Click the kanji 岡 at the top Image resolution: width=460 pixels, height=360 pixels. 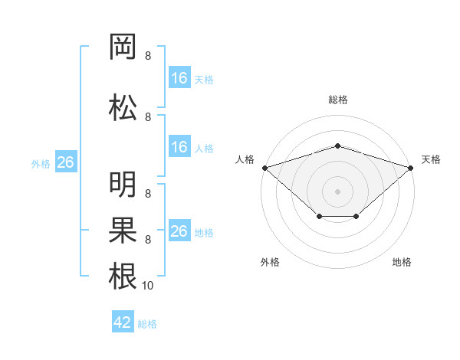[x=123, y=47]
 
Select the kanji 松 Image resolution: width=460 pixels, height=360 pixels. [x=123, y=107]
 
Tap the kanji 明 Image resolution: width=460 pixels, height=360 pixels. [x=123, y=184]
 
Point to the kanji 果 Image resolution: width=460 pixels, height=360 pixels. [x=123, y=230]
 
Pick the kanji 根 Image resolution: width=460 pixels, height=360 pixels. [x=123, y=276]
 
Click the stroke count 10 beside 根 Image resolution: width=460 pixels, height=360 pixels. [x=147, y=286]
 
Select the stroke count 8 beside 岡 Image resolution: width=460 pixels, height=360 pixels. [x=148, y=56]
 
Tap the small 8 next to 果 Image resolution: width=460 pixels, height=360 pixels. [x=148, y=240]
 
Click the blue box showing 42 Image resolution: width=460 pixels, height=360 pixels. [x=123, y=321]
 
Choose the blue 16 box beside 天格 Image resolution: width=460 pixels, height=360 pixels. [x=179, y=77]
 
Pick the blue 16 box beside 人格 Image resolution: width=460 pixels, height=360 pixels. [x=179, y=146]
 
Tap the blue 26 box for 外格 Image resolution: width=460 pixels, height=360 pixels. [x=66, y=162]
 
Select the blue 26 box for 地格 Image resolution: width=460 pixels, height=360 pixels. [x=179, y=230]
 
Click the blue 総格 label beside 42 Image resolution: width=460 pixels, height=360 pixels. [x=147, y=324]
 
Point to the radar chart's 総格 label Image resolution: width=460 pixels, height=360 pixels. [x=338, y=100]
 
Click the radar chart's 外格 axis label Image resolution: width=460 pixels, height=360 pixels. [x=270, y=262]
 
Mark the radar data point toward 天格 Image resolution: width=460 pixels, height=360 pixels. [x=411, y=168]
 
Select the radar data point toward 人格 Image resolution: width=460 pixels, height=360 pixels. [x=265, y=168]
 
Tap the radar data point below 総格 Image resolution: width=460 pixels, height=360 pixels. [x=337, y=146]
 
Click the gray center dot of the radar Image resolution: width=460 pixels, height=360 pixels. [x=337, y=191]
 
